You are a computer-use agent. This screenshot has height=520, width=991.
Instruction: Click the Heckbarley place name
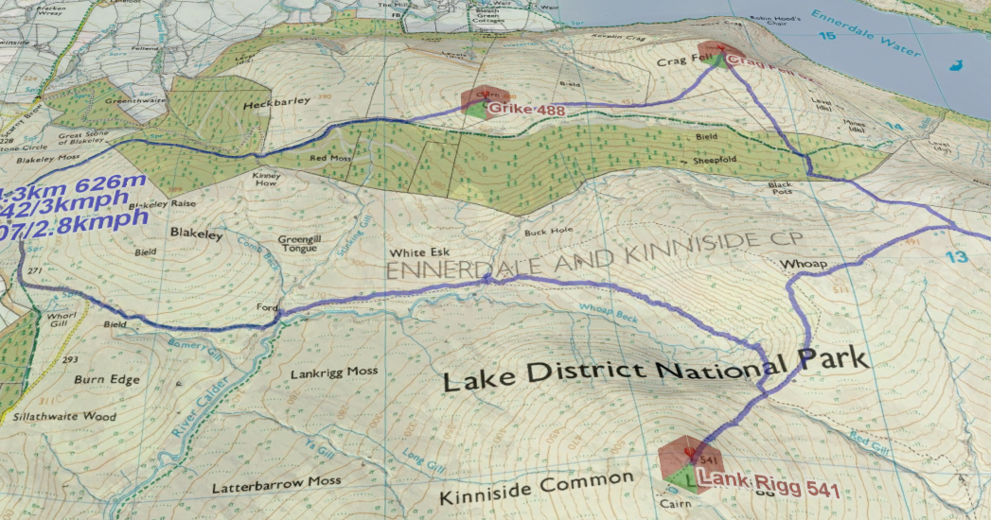pyautogui.click(x=272, y=104)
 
